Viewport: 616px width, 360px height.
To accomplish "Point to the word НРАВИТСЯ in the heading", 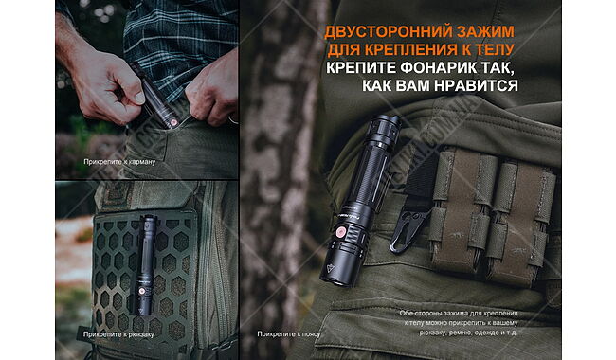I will pyautogui.click(x=480, y=86).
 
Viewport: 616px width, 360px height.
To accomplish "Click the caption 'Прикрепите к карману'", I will pyautogui.click(x=118, y=162).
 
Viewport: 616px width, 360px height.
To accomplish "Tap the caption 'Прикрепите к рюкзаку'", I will pyautogui.click(x=118, y=333).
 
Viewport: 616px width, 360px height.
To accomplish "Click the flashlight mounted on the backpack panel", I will pyautogui.click(x=147, y=256).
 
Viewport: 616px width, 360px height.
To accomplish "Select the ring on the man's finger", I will pyautogui.click(x=231, y=119).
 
